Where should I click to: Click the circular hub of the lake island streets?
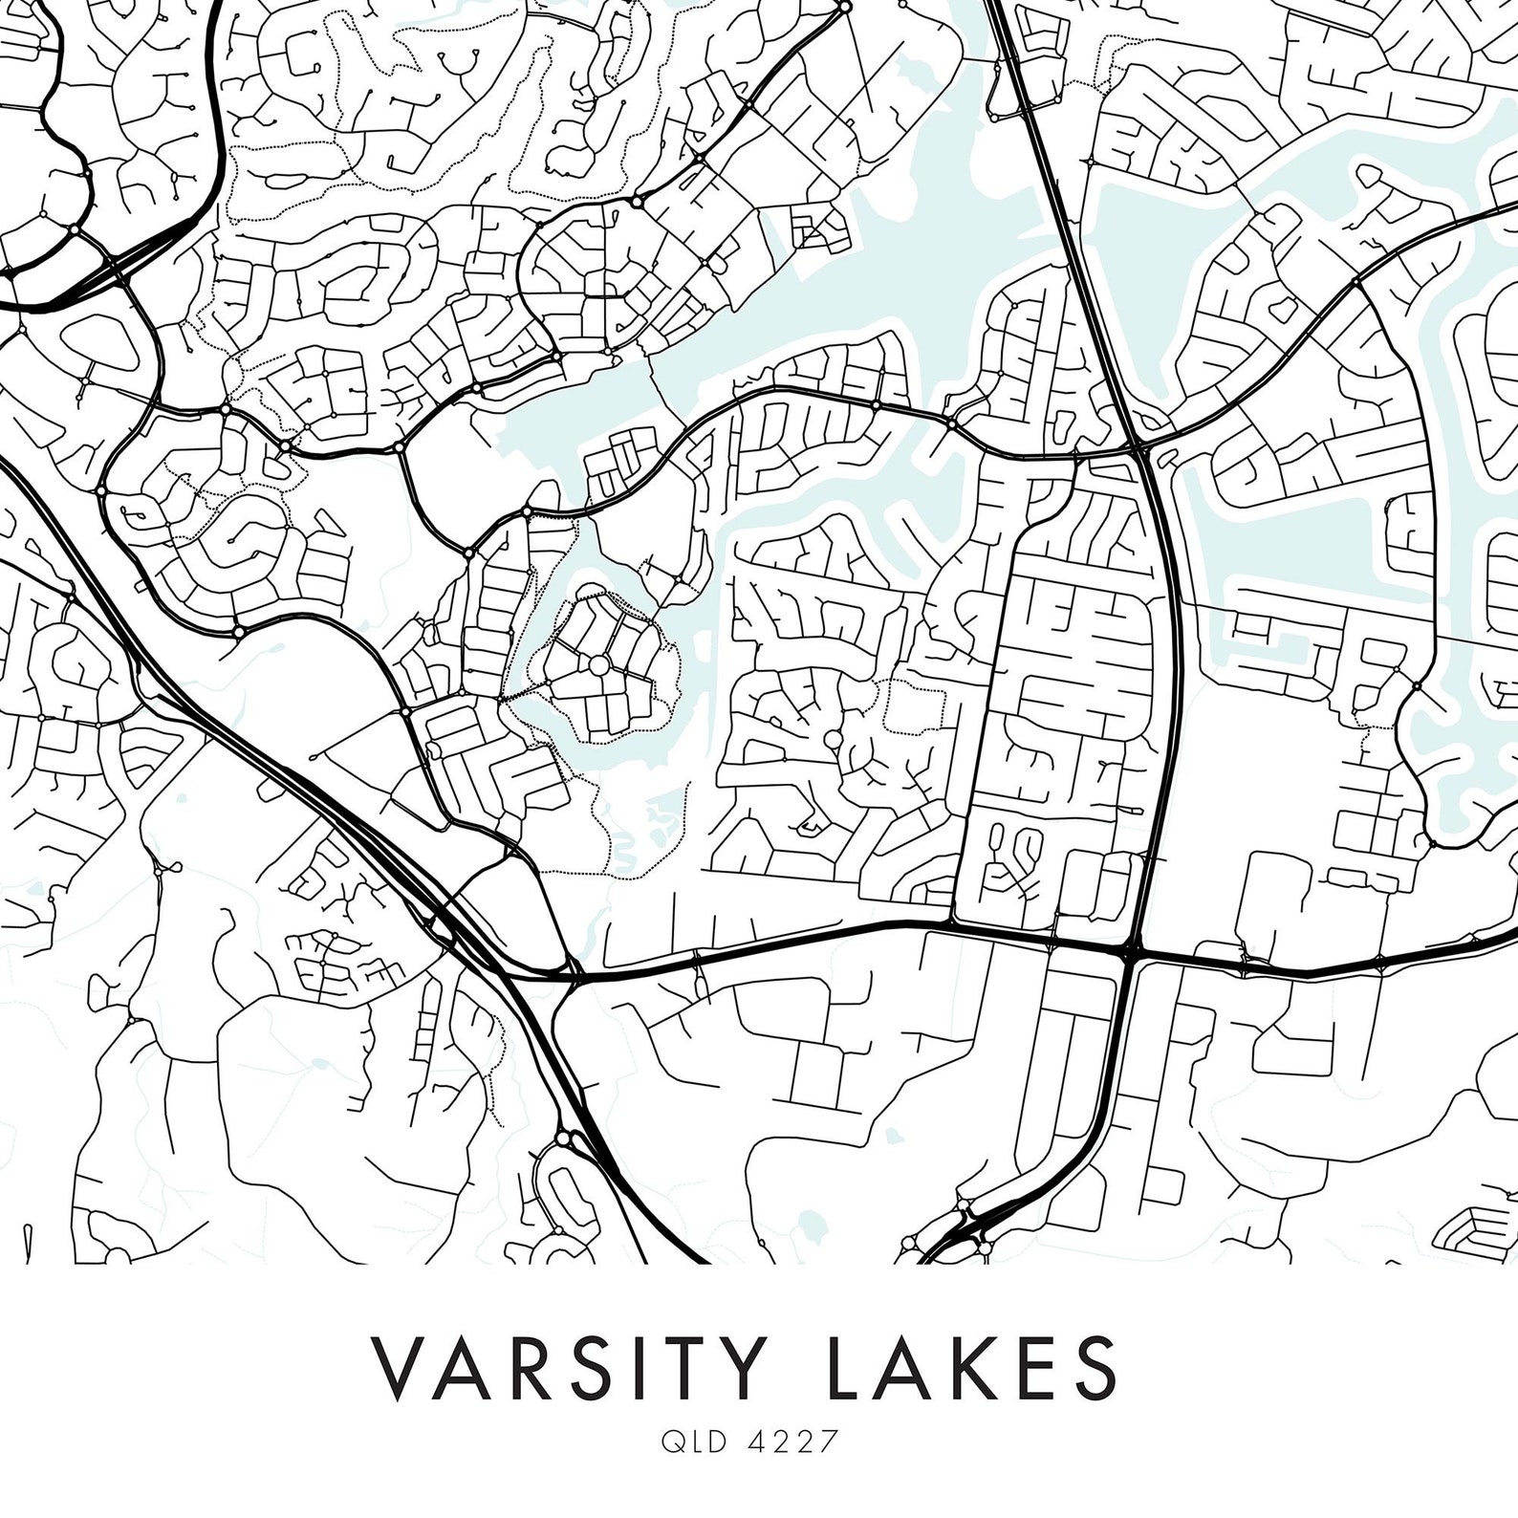(598, 664)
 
